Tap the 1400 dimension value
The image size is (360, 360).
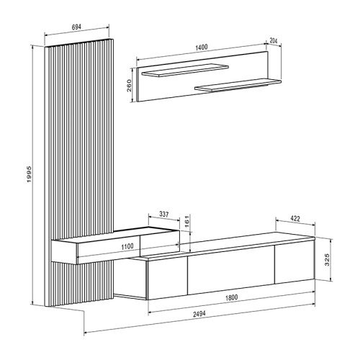[x=201, y=47]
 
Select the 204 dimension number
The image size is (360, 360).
[x=274, y=41]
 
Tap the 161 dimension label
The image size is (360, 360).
[x=187, y=223]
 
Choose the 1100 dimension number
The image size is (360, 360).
[x=127, y=246]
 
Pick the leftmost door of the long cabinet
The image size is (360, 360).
[x=167, y=277]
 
